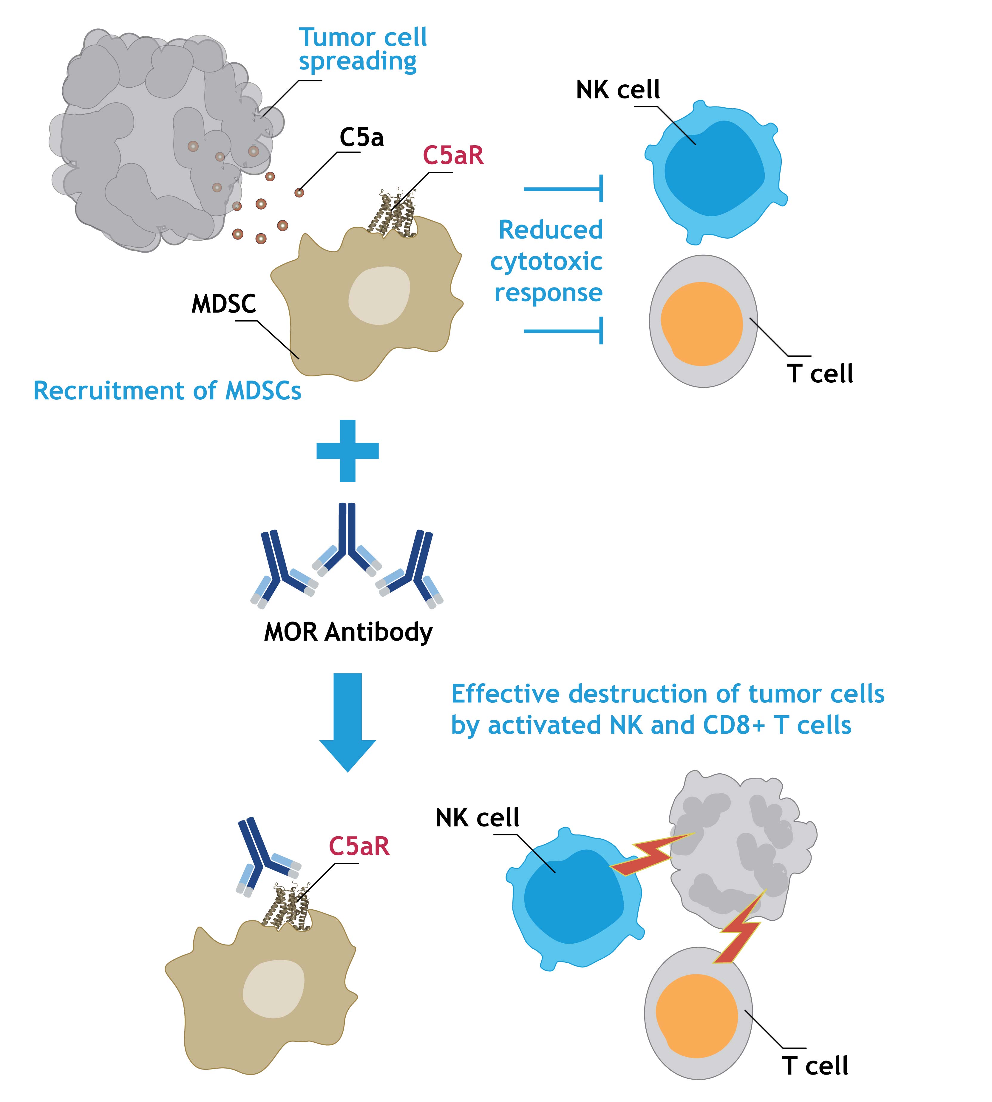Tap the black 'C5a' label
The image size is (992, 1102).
click(361, 137)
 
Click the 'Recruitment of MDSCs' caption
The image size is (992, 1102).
click(167, 391)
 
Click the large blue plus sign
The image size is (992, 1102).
click(348, 451)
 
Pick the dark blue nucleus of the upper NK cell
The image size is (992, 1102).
click(714, 169)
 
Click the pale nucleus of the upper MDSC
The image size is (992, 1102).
click(379, 295)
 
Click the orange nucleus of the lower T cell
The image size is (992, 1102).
click(697, 1015)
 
